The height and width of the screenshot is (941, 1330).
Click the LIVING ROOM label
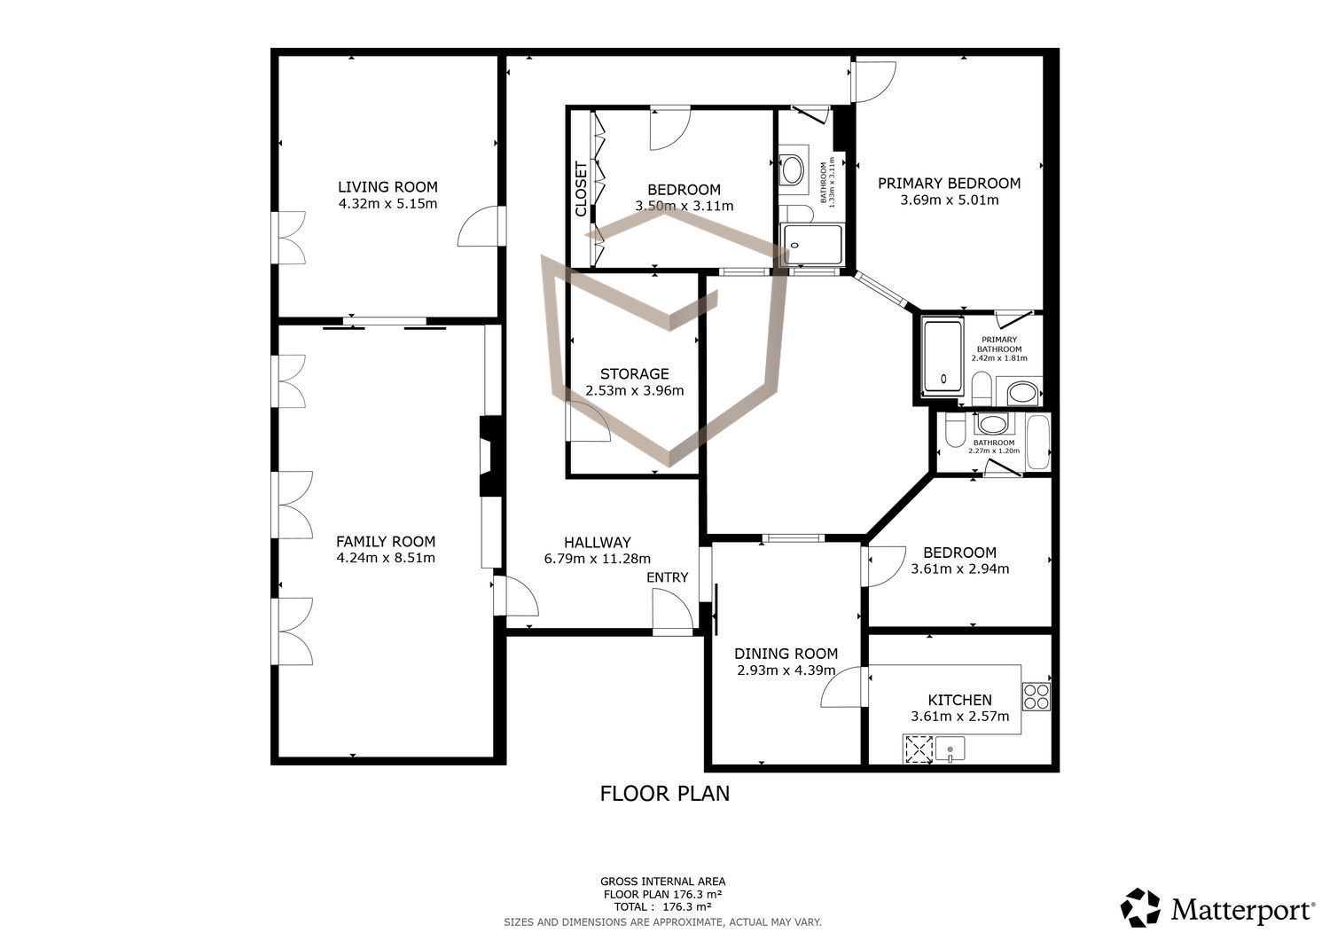click(387, 187)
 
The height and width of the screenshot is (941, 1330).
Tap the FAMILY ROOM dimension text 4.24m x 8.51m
click(386, 558)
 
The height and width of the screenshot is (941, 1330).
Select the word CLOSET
click(582, 190)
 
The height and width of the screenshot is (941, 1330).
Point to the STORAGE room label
click(635, 373)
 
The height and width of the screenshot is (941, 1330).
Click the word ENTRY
click(668, 577)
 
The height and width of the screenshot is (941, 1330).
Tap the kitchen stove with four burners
click(1037, 697)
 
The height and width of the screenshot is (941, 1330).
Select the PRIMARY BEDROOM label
click(950, 183)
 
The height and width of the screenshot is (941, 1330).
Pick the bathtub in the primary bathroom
click(943, 357)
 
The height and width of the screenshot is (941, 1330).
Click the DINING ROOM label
click(786, 654)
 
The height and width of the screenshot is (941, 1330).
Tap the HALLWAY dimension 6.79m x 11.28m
click(598, 559)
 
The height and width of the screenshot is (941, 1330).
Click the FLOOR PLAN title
click(664, 794)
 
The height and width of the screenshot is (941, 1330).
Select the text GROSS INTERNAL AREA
click(662, 882)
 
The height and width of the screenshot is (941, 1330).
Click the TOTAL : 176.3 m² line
click(662, 906)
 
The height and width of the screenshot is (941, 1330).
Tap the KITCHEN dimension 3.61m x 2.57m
click(960, 717)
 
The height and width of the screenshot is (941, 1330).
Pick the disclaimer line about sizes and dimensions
click(662, 922)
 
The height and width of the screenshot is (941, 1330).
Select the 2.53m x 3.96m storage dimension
click(635, 390)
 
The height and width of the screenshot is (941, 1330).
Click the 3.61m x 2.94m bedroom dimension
click(960, 569)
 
